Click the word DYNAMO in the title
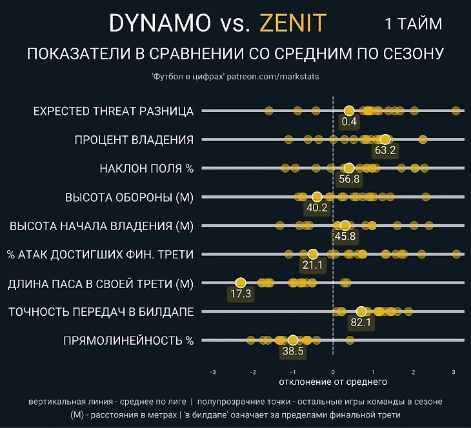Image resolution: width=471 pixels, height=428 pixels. pos(160,24)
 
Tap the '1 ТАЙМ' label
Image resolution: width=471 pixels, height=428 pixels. pos(414,24)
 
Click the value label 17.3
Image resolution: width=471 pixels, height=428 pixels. pos(240,294)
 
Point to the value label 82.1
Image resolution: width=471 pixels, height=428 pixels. pos(360,322)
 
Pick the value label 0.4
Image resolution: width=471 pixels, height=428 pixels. pos(349,121)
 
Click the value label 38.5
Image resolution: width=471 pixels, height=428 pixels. pos(292,352)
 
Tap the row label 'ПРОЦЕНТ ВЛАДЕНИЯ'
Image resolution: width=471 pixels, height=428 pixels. pos(134,140)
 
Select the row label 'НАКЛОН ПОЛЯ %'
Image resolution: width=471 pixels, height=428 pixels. pos(146,169)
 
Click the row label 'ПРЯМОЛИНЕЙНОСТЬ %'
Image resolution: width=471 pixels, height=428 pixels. pos(128,340)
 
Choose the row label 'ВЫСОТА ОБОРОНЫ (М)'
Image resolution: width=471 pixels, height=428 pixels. pos(129,197)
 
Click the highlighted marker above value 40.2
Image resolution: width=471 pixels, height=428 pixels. pos(317,197)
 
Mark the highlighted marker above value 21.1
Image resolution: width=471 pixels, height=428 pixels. pos(313,254)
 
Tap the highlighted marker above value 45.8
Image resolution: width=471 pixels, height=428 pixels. pos(345,225)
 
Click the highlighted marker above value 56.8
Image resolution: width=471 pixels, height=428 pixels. pos(349,168)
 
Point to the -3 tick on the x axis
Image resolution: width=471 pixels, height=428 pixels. pos(213,372)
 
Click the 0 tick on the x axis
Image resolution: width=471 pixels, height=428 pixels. pos(333,372)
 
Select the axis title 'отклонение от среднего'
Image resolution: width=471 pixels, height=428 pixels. pos(333,384)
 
